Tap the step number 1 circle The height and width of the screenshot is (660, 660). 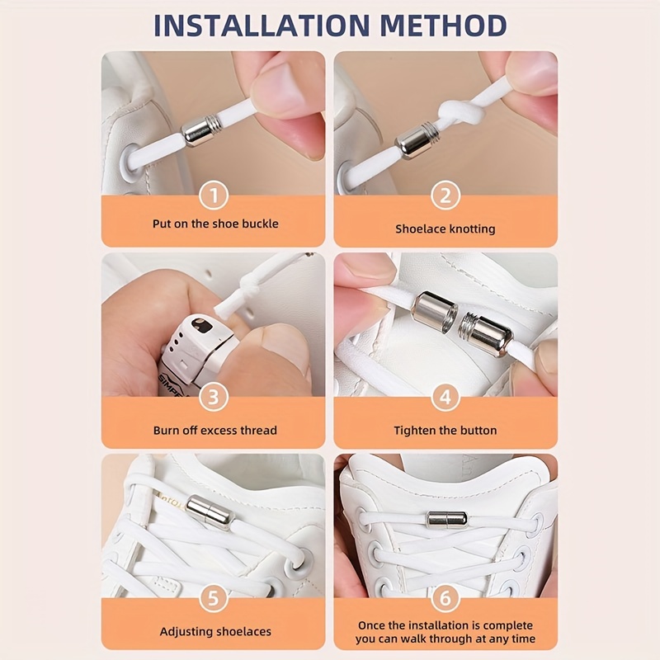[x=214, y=196]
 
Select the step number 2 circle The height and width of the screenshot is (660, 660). [x=445, y=196]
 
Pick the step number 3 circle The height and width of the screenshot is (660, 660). [x=214, y=398]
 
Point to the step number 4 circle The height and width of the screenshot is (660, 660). [x=445, y=398]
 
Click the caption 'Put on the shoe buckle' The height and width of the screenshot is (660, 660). [x=214, y=224]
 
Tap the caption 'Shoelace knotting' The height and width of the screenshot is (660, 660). [x=445, y=229]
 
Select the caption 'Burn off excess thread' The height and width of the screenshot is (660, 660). [x=214, y=430]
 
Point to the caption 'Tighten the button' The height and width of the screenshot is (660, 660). [x=445, y=430]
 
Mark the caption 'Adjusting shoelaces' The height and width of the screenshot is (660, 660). [x=214, y=631]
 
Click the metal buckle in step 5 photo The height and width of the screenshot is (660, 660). [x=210, y=511]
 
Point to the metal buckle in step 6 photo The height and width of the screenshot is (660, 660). [x=445, y=519]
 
